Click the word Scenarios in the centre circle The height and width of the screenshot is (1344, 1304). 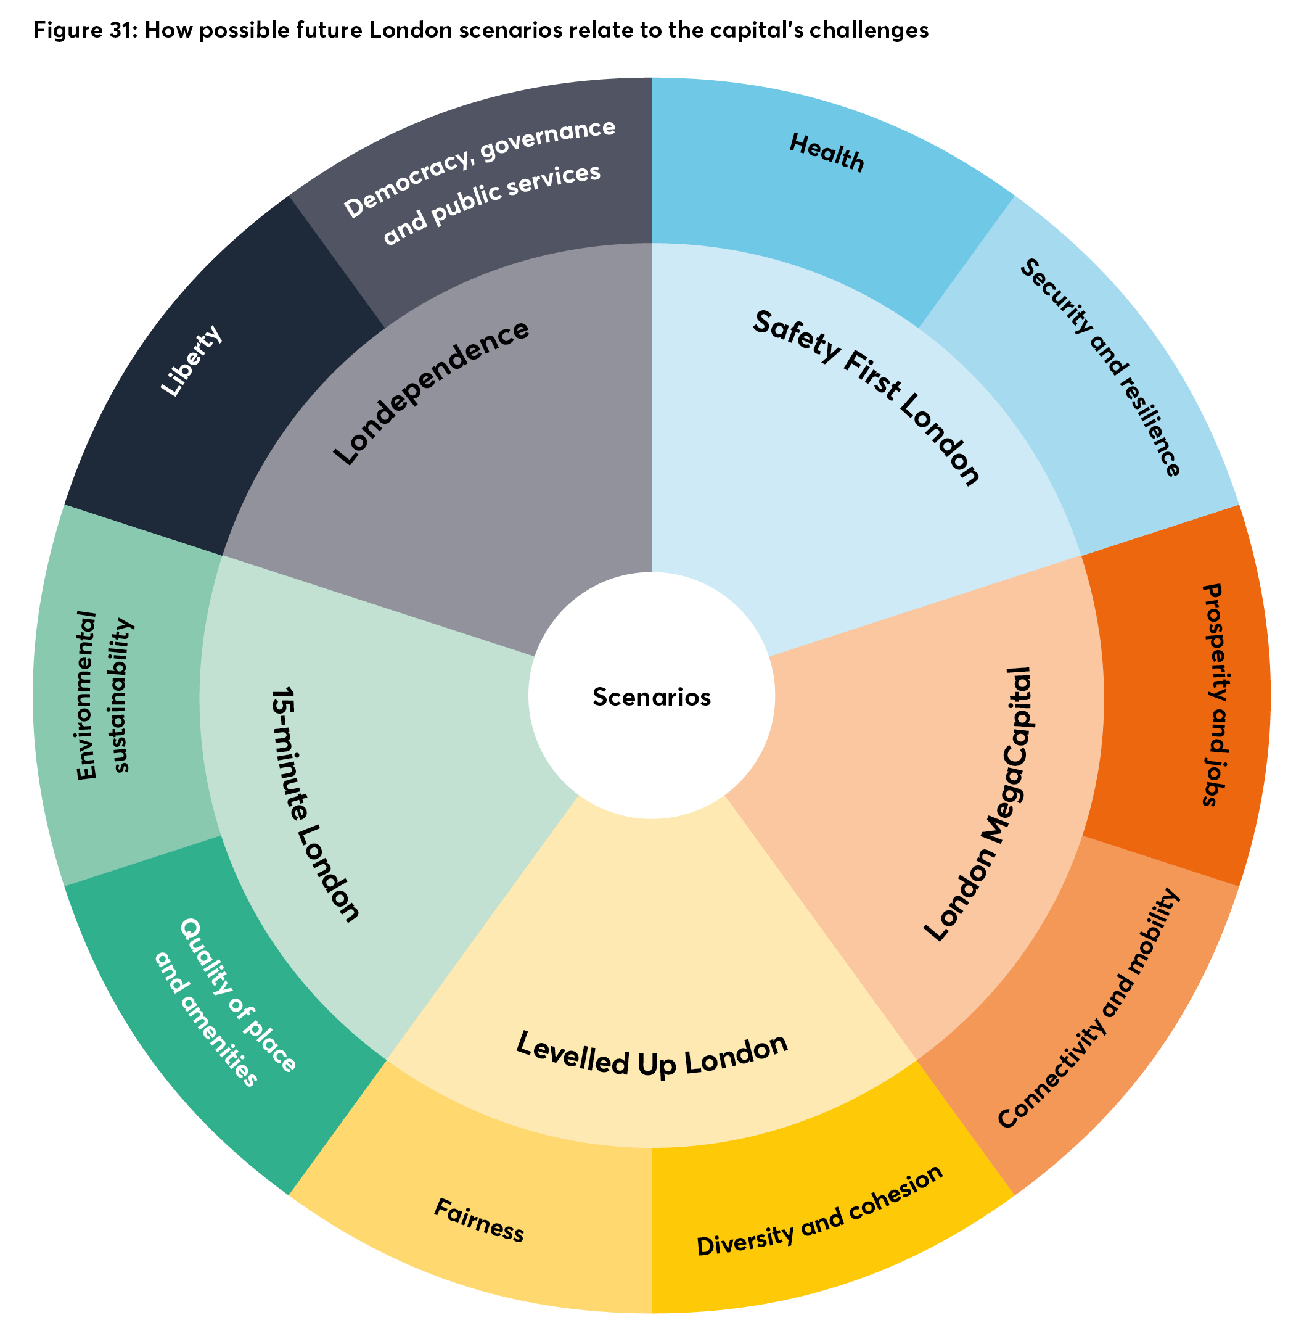(651, 697)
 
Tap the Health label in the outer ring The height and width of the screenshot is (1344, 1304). (827, 152)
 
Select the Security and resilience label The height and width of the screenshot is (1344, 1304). (1100, 368)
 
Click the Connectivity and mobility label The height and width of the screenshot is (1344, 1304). (1089, 1008)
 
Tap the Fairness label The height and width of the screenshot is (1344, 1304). (479, 1221)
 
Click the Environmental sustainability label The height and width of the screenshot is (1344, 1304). (103, 695)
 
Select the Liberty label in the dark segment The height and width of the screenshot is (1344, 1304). (191, 361)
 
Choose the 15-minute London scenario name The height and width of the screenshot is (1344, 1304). (314, 804)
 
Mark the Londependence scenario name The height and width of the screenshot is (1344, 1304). (431, 392)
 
